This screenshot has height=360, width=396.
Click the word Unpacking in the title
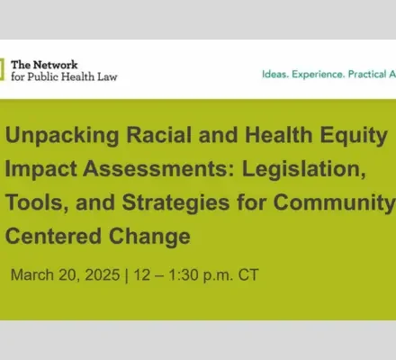[x=62, y=136]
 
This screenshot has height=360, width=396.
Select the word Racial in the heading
[x=158, y=135]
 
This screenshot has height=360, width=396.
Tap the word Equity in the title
[x=354, y=136]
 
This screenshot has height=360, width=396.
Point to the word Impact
[x=40, y=169]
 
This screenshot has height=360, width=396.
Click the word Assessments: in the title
[x=158, y=169]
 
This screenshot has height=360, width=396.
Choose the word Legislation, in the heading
[x=304, y=169]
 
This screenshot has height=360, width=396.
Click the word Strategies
[x=175, y=203]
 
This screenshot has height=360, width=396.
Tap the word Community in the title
[x=334, y=203]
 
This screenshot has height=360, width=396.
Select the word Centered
[x=53, y=236]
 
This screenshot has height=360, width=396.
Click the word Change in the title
[x=149, y=237]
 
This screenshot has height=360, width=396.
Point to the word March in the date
[x=32, y=274]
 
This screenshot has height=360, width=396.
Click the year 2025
[x=103, y=274]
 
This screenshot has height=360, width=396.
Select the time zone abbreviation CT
[x=248, y=274]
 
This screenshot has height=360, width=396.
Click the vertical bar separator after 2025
[x=126, y=275]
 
